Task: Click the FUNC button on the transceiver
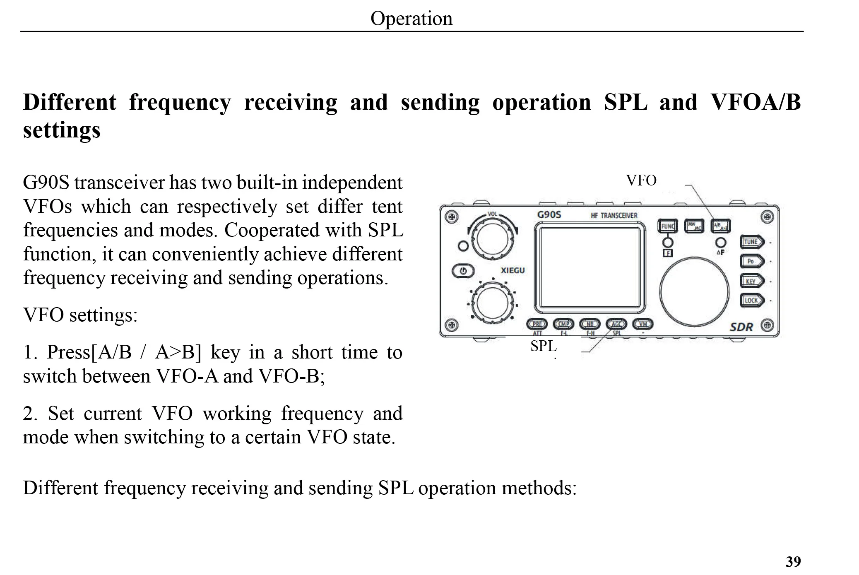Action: [667, 226]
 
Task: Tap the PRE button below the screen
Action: [537, 324]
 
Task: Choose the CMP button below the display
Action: [563, 324]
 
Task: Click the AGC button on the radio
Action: [616, 324]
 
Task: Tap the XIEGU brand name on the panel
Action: [513, 271]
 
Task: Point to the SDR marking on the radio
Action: [741, 327]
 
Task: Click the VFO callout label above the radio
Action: [641, 180]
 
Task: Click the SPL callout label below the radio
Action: [543, 346]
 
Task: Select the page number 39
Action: [793, 562]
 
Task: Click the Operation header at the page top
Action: [411, 18]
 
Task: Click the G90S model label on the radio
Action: [549, 215]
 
